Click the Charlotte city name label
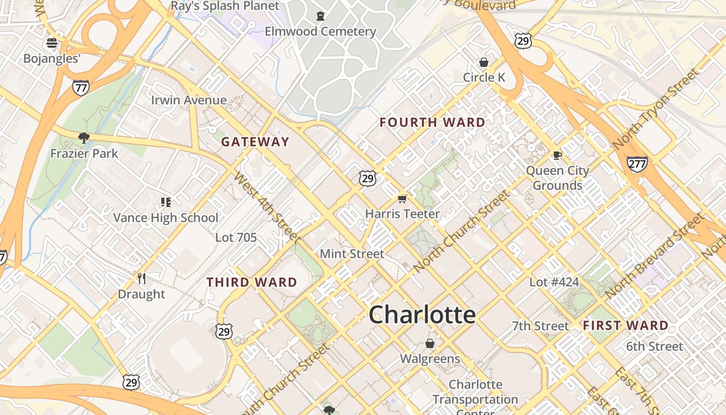point(422,315)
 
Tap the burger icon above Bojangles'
point(52,43)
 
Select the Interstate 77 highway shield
point(80,88)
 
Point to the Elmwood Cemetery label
point(320,32)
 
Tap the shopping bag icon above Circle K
point(483,62)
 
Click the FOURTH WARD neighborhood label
point(432,123)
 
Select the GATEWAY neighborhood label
point(255,142)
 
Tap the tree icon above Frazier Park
point(83,137)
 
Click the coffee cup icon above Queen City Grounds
point(557,155)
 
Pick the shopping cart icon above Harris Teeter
point(402,198)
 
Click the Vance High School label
point(166,218)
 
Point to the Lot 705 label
point(236,238)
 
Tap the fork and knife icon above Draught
point(142,279)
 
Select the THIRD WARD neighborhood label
point(252,283)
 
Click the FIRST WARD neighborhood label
point(625,326)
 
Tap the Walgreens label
point(430,359)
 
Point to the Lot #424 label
point(554,282)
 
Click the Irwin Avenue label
point(189,100)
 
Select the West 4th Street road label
point(267,208)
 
